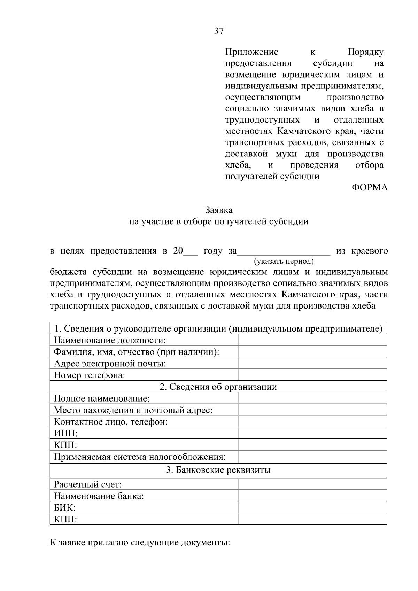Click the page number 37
218,31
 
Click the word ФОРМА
370,188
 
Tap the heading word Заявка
218,210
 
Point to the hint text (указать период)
284,261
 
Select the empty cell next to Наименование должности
312,340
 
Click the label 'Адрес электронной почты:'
110,364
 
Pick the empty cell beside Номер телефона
312,375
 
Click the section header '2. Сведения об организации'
218,387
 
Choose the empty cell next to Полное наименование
312,398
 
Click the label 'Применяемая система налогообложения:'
140,457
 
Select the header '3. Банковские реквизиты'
218,470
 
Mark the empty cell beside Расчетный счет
312,484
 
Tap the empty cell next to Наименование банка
312,496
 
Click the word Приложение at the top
251,52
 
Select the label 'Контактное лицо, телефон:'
111,422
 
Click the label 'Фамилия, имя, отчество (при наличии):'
137,352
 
